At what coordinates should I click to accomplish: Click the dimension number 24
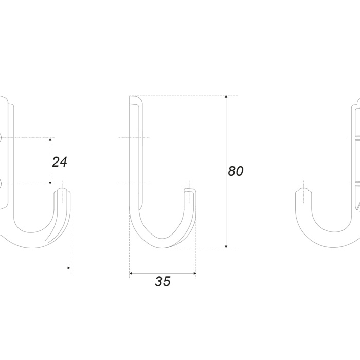coord(60,162)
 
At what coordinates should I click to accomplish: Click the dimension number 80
coord(236,171)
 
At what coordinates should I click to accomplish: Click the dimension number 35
coord(163,281)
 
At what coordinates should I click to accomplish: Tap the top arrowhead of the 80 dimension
coord(226,97)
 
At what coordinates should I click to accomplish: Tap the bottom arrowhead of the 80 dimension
coord(226,246)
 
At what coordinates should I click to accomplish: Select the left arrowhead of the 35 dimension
coord(131,273)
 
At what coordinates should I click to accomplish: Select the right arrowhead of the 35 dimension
coord(194,273)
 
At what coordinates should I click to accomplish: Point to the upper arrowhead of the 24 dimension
coord(50,139)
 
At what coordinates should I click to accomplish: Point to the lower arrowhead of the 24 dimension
coord(50,182)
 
